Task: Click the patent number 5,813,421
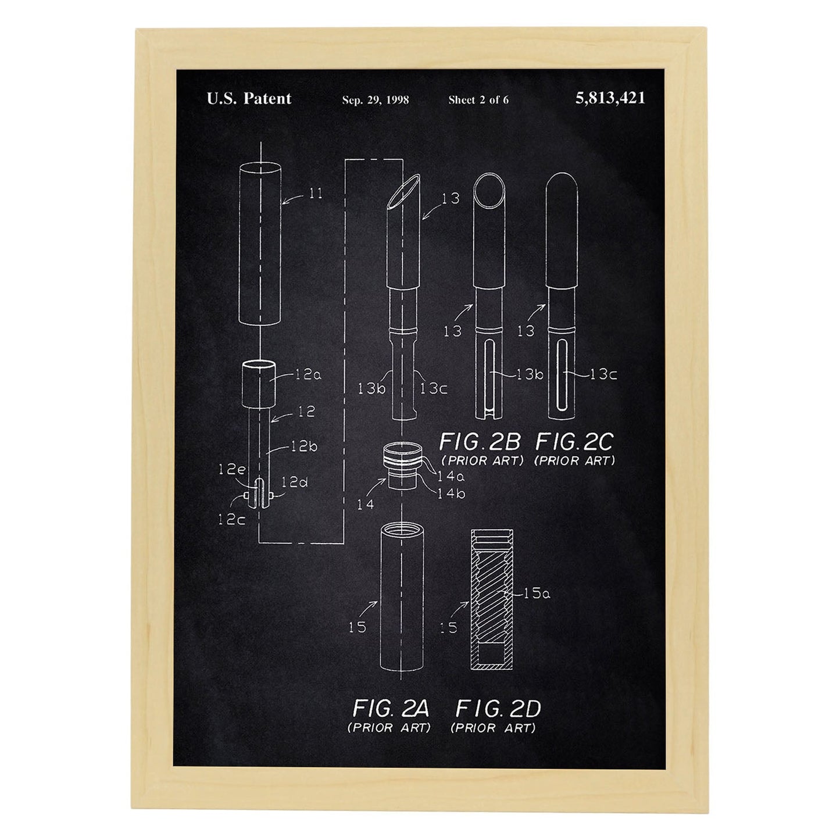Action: coord(609,98)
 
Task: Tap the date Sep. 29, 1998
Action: coord(376,100)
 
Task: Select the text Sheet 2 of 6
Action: coord(478,100)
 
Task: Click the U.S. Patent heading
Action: coord(249,98)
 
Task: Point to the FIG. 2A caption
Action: coord(390,709)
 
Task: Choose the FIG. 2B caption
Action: coord(480,442)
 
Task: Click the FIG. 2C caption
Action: coord(574,442)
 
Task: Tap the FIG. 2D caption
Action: coord(498,709)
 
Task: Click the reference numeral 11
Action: coord(316,193)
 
